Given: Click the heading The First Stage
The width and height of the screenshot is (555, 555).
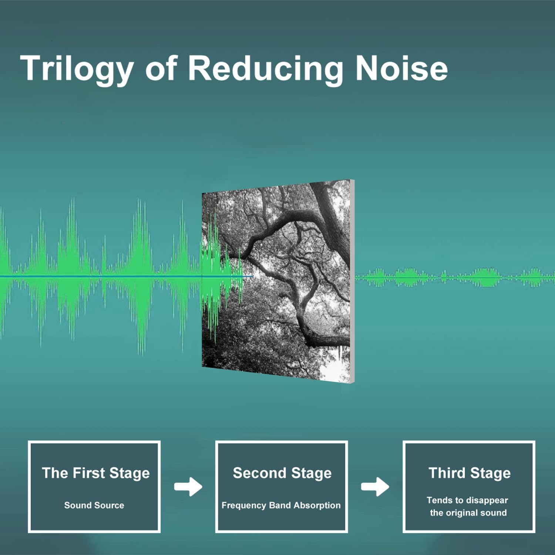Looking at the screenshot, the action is pyautogui.click(x=96, y=473).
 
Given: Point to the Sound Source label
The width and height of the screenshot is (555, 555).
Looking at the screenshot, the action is pyautogui.click(x=94, y=505).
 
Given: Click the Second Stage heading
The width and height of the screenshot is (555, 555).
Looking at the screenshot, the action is pyautogui.click(x=282, y=473).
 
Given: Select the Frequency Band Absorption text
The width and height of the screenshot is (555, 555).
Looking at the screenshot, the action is pyautogui.click(x=281, y=505).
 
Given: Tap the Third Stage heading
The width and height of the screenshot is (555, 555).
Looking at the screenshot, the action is pyautogui.click(x=470, y=473).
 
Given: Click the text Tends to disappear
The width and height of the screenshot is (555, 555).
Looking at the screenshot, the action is pyautogui.click(x=467, y=501).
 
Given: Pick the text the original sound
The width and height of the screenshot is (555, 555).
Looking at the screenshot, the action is pyautogui.click(x=468, y=513).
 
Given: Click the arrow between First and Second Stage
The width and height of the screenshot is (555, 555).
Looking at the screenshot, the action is pyautogui.click(x=188, y=487).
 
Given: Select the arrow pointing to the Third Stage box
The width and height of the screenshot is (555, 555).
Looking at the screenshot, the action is pyautogui.click(x=375, y=487).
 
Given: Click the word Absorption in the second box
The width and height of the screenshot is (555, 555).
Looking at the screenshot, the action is pyautogui.click(x=317, y=505).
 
